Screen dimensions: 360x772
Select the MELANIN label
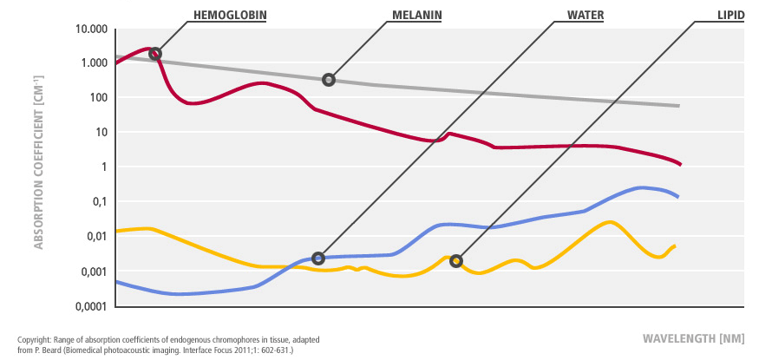pos(417,15)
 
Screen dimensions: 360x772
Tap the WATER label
pos(586,15)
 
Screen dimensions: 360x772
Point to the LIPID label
pos(729,15)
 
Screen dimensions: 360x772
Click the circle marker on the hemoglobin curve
pos(155,54)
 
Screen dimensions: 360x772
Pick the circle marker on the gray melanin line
pos(329,80)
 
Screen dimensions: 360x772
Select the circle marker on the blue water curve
pos(318,258)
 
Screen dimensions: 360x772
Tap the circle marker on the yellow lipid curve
pos(456,261)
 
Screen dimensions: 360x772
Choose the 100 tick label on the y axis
pos(97,98)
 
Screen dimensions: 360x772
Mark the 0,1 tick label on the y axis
pos(97,202)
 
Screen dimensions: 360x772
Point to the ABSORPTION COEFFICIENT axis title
pos(39,173)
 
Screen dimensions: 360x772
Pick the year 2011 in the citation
pos(234,349)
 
